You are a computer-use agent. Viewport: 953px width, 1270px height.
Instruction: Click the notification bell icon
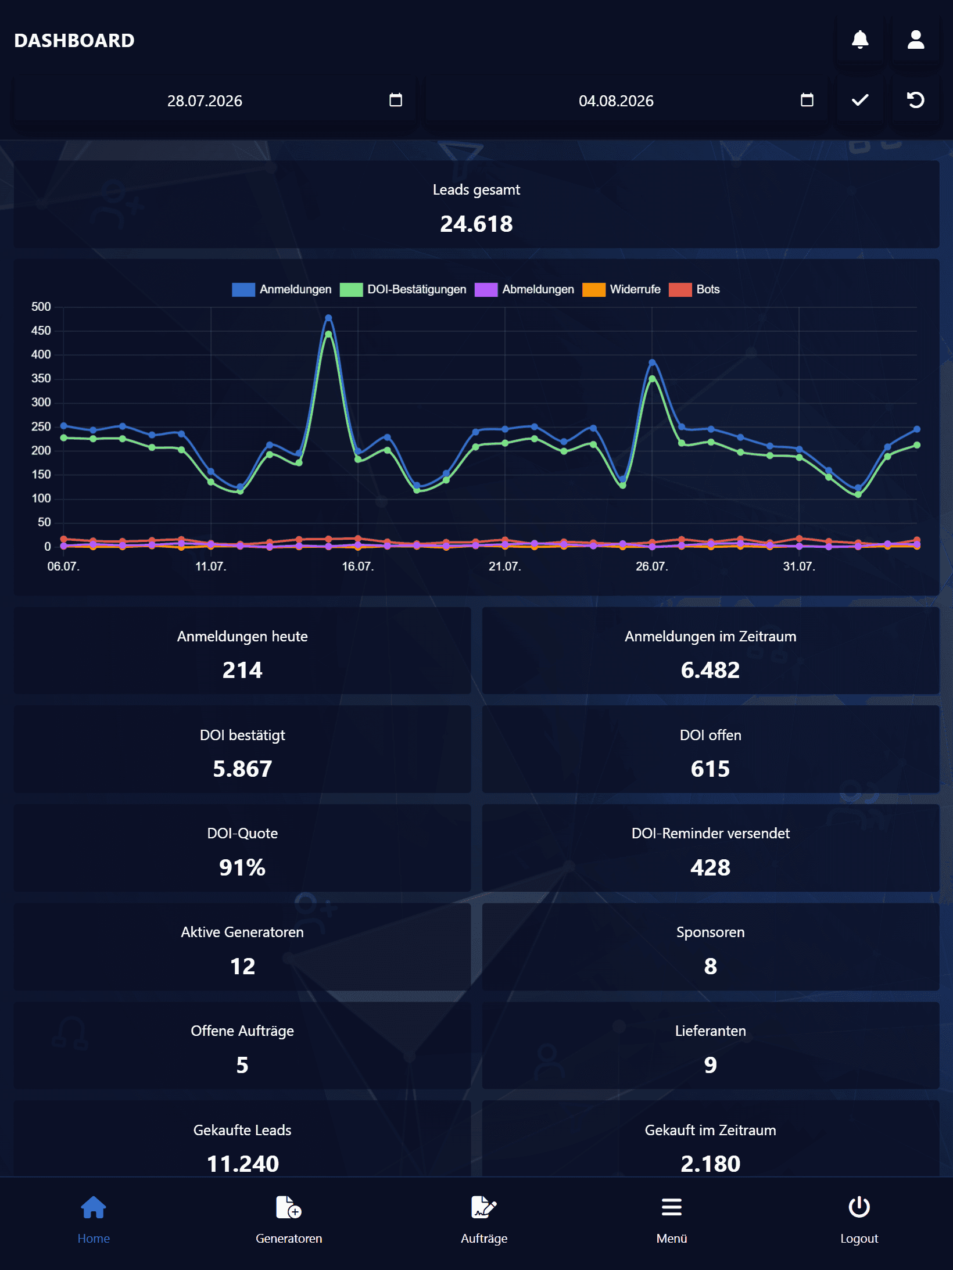tap(860, 40)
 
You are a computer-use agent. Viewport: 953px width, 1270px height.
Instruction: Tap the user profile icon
tap(916, 40)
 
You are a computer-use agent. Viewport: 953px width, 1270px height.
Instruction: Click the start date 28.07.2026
tap(205, 101)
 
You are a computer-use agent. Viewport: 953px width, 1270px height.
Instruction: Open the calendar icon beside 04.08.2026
tap(807, 100)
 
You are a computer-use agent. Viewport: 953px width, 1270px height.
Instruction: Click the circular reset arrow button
tap(916, 100)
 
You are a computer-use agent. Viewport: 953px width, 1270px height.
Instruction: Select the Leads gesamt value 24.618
tap(476, 224)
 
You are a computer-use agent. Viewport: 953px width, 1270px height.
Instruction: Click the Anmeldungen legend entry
tap(282, 289)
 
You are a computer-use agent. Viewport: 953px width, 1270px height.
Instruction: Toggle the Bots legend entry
tap(694, 289)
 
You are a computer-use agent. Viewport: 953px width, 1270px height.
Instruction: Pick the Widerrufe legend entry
tap(622, 289)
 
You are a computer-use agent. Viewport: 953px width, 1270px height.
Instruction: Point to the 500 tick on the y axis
tap(41, 307)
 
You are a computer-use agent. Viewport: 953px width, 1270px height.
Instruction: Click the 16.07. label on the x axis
tap(357, 566)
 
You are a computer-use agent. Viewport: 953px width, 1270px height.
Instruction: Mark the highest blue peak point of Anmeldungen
tap(328, 318)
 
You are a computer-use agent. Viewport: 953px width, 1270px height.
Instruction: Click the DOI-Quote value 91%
tap(242, 868)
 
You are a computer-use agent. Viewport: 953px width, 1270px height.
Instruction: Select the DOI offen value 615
tap(710, 769)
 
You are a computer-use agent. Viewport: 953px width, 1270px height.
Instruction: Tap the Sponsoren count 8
tap(710, 967)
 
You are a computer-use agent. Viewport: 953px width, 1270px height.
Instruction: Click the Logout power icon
tap(859, 1207)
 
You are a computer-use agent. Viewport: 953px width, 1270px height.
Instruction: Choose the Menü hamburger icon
tap(672, 1207)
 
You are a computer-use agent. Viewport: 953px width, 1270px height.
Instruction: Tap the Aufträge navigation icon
tap(484, 1207)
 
